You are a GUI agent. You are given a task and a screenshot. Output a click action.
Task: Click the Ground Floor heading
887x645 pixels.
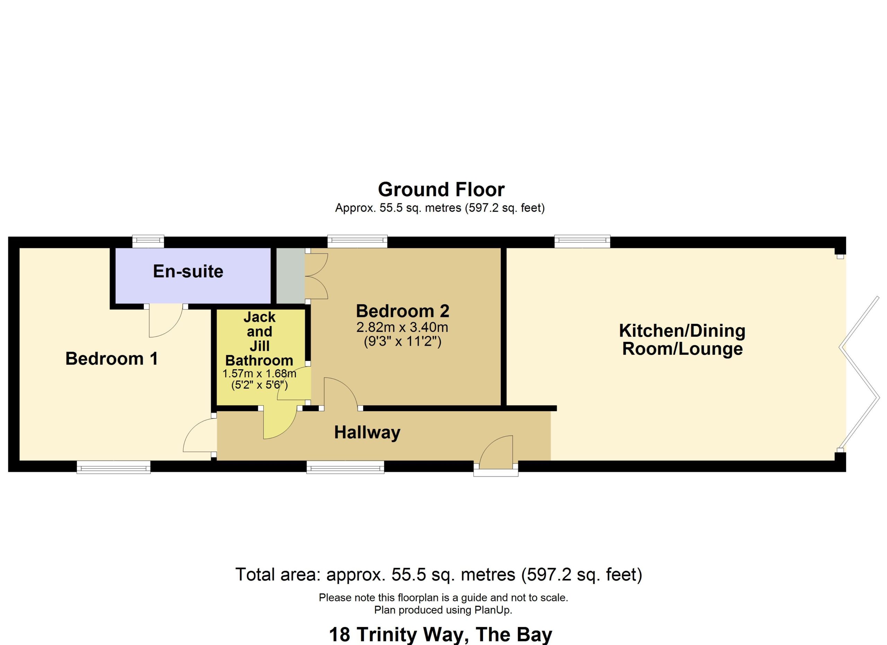pos(441,189)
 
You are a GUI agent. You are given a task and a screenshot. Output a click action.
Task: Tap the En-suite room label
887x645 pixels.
pos(188,271)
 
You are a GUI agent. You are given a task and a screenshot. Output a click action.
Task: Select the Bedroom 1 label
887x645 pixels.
pos(112,359)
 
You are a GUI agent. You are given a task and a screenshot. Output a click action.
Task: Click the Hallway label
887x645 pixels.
pos(367,433)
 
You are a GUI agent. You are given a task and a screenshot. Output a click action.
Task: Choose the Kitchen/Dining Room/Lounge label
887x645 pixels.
pos(683,340)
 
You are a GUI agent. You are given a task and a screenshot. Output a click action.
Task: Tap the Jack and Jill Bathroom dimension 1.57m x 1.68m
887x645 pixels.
pos(259,374)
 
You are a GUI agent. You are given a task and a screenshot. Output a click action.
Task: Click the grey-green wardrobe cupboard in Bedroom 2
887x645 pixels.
pos(291,276)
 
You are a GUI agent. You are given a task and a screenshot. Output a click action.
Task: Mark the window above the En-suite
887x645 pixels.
pos(148,241)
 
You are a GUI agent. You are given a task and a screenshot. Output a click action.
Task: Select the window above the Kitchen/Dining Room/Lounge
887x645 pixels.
pos(582,241)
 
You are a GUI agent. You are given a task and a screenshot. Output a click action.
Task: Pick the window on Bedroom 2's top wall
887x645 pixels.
pos(358,241)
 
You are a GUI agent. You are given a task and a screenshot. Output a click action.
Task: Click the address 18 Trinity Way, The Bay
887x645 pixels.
pos(440,635)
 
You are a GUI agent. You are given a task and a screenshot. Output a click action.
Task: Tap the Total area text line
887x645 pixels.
pos(439,575)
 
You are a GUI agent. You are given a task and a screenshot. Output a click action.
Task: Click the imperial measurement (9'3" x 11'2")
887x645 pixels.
pos(402,342)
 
